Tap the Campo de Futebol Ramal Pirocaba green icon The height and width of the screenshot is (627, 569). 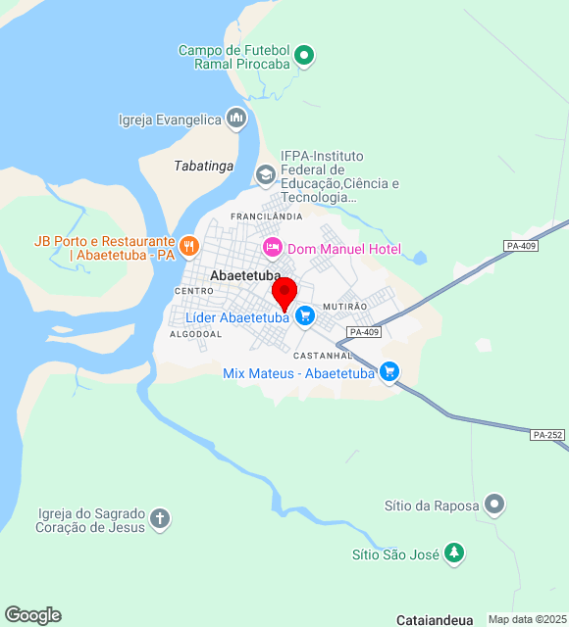click(x=304, y=56)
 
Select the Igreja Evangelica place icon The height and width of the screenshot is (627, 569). click(x=235, y=120)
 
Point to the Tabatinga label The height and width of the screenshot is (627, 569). click(x=204, y=166)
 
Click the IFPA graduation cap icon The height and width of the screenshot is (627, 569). click(x=265, y=174)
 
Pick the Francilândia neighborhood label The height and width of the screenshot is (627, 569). click(x=266, y=216)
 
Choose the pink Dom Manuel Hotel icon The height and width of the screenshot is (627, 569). click(x=272, y=249)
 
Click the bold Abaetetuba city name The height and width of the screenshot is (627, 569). click(x=245, y=276)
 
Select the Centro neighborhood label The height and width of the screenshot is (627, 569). click(x=193, y=291)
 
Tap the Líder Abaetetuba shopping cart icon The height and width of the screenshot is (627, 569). click(x=305, y=315)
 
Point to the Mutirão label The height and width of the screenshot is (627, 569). click(x=344, y=307)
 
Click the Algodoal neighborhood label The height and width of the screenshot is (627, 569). click(x=195, y=334)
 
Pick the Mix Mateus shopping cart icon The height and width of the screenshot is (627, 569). click(x=389, y=371)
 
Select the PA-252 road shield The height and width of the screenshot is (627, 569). click(x=547, y=434)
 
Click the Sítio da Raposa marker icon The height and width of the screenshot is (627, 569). click(x=494, y=506)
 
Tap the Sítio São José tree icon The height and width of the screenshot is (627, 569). click(x=453, y=554)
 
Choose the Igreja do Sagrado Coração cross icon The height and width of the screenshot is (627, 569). click(x=160, y=519)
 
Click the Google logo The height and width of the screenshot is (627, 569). click(x=32, y=614)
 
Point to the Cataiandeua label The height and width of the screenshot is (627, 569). click(x=435, y=619)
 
